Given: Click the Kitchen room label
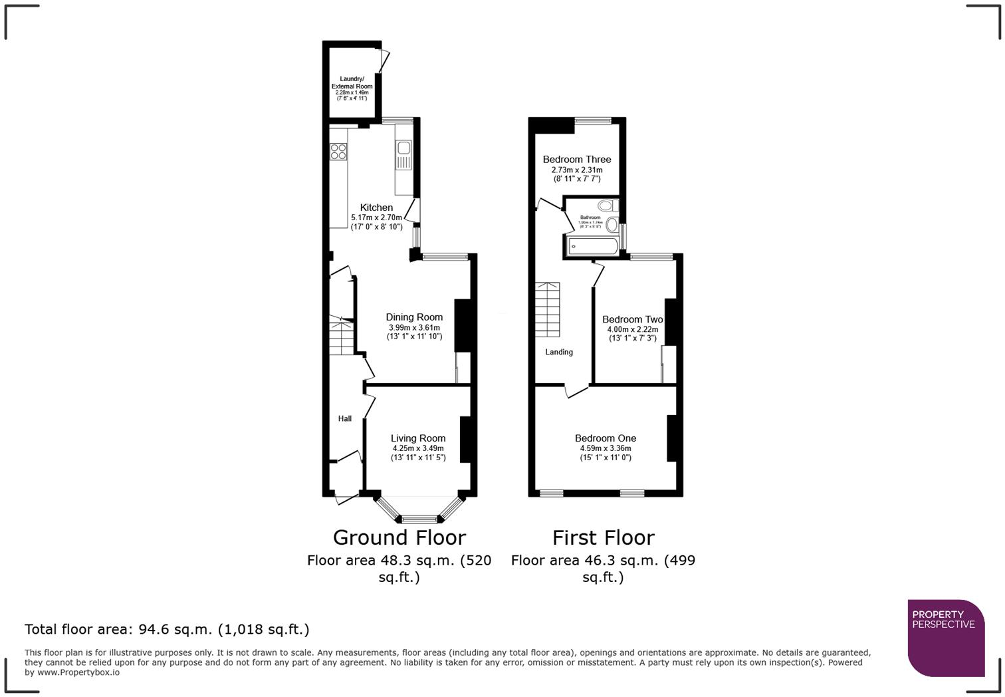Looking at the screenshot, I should (376, 208).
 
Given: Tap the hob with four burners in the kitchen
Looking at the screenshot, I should (338, 152).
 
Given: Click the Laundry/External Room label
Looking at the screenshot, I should (352, 82).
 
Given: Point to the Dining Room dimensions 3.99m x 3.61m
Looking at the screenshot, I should (414, 328).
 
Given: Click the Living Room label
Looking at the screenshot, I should (417, 438).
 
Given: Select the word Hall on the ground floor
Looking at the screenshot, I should (344, 418).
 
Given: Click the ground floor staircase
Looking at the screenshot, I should (342, 337).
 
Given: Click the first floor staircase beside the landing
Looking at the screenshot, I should (548, 310).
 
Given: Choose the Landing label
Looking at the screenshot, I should (559, 352).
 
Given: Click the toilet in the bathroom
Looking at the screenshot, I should (607, 206).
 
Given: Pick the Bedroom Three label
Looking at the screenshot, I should (576, 160).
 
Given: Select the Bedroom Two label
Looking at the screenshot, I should (632, 319).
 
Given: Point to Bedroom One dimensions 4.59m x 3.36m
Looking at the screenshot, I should (606, 448).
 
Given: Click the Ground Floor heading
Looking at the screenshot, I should (399, 537).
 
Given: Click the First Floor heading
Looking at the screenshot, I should (603, 537).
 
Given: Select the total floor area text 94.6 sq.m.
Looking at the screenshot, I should (166, 629).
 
